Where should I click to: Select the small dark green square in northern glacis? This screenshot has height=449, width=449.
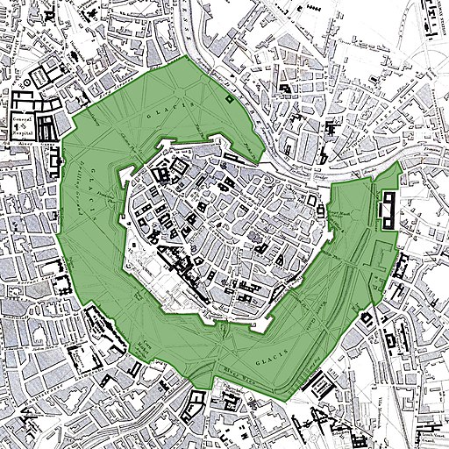click(229, 99)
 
